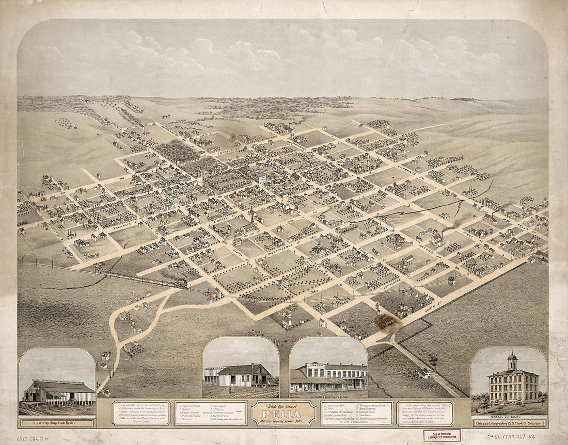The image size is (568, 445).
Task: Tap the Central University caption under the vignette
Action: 509,416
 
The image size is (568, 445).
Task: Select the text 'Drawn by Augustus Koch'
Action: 56,423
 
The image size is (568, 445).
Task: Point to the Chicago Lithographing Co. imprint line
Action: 509,423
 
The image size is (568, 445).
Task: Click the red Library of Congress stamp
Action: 441,436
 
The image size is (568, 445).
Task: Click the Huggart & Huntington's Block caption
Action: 328,398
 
